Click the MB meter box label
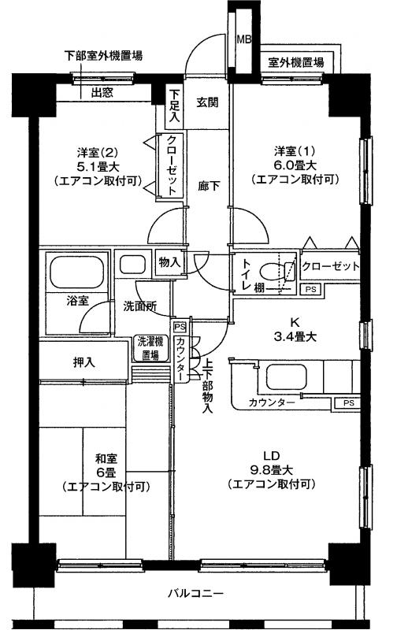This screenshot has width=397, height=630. (x=244, y=39)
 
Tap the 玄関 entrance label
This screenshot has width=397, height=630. (x=207, y=102)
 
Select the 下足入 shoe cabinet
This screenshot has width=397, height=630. (x=174, y=106)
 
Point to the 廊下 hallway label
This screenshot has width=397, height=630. (x=209, y=186)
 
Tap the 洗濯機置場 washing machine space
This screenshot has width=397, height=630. (x=150, y=348)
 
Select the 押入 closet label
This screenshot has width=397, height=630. (x=84, y=362)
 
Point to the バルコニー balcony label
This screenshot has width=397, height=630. (x=195, y=593)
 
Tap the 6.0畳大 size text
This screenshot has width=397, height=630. (x=295, y=165)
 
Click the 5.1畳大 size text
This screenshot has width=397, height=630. (x=98, y=166)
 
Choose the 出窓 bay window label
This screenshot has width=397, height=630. (x=102, y=93)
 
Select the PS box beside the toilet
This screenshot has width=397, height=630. (x=310, y=289)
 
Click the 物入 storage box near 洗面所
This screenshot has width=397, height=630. (x=169, y=263)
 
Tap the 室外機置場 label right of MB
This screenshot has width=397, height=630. (x=296, y=62)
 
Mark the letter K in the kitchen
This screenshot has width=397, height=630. (x=295, y=322)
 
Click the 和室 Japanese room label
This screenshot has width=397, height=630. (x=106, y=458)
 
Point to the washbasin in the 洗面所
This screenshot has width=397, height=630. (x=131, y=264)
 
